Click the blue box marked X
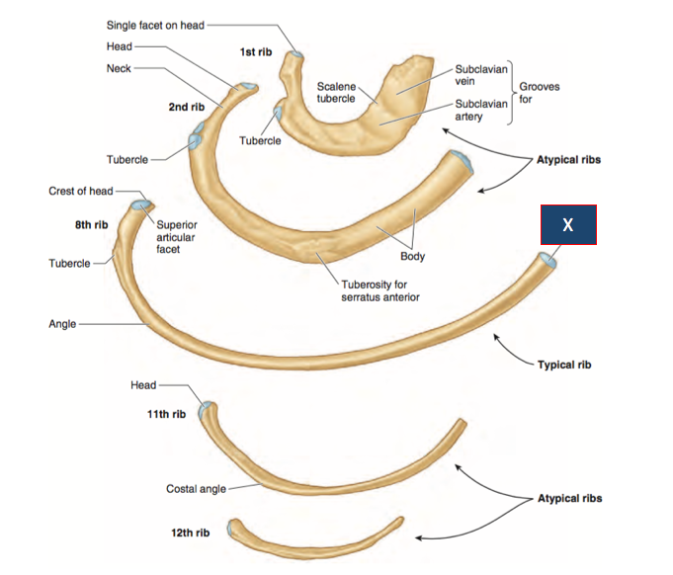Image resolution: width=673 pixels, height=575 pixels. [567, 225]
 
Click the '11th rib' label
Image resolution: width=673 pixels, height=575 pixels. [166, 414]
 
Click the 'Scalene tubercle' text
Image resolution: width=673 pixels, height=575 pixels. [336, 93]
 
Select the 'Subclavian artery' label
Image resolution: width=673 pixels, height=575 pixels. [480, 110]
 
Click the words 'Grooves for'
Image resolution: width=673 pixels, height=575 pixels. [540, 93]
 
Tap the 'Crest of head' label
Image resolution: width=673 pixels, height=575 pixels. [80, 191]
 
